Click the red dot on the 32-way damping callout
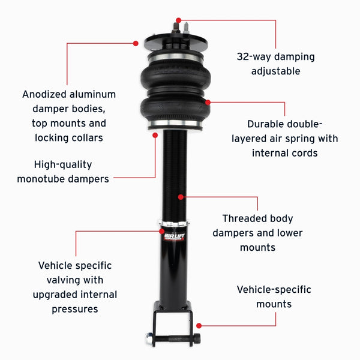(x=178, y=20)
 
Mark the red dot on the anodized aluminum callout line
(x=136, y=43)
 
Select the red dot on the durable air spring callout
(x=208, y=102)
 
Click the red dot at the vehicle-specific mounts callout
(x=199, y=326)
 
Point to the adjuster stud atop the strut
(x=178, y=26)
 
